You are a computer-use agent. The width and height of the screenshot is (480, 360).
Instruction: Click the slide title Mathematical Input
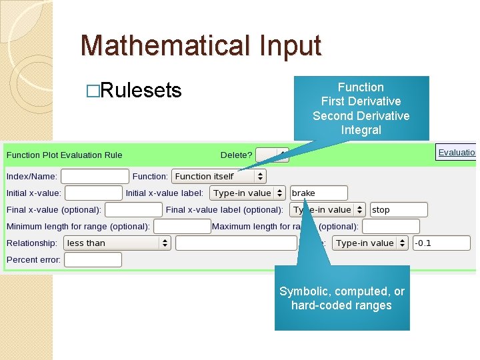click(201, 46)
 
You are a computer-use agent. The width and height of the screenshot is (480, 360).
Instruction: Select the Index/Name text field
click(95, 177)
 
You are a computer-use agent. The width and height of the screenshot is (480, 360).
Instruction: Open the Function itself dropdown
click(219, 177)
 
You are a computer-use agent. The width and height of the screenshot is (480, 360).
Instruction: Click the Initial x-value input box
click(93, 193)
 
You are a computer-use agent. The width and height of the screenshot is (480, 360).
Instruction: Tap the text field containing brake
click(319, 193)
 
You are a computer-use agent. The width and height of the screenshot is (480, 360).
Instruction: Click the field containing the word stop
click(399, 210)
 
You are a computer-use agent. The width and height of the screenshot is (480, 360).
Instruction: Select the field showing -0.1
click(441, 243)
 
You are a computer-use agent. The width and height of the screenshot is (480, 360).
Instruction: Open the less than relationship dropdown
click(117, 243)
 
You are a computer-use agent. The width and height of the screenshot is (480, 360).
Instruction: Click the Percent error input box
click(93, 260)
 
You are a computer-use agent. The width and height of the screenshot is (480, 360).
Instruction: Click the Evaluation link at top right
click(457, 153)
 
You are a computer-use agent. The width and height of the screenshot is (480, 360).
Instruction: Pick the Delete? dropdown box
click(272, 155)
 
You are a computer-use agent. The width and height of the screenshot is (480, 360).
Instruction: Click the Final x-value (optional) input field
click(133, 210)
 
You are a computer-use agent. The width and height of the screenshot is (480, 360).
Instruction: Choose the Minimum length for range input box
click(182, 227)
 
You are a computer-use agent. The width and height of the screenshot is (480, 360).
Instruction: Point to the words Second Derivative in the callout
click(361, 116)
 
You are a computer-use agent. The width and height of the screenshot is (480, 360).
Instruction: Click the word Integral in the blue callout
click(361, 130)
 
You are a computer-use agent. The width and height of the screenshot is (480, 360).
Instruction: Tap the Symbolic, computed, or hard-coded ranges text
click(341, 299)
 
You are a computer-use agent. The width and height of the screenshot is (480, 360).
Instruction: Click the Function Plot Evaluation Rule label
click(65, 155)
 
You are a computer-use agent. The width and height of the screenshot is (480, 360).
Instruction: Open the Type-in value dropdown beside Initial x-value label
click(247, 193)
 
